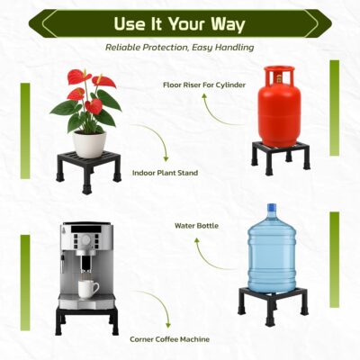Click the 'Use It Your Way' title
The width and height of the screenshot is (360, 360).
(179, 24)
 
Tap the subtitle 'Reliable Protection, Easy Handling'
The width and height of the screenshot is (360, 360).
(179, 47)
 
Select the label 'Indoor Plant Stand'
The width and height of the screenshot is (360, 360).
(165, 173)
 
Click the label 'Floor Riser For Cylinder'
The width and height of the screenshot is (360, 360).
(204, 85)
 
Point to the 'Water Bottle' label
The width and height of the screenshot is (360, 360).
(196, 225)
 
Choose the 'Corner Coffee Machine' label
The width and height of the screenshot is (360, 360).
(169, 339)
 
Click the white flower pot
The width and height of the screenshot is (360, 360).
(90, 144)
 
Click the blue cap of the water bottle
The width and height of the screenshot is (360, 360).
(272, 207)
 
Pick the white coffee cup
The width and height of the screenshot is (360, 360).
(88, 289)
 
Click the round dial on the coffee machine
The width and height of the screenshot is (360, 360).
(86, 239)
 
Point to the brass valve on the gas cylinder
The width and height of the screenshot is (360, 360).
(279, 78)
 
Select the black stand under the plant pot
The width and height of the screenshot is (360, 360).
(88, 171)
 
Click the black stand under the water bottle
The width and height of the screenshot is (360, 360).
(273, 304)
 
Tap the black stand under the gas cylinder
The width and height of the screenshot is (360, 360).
(281, 157)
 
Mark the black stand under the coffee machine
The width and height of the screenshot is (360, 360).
(86, 319)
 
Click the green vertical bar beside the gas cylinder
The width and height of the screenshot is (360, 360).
(335, 108)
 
